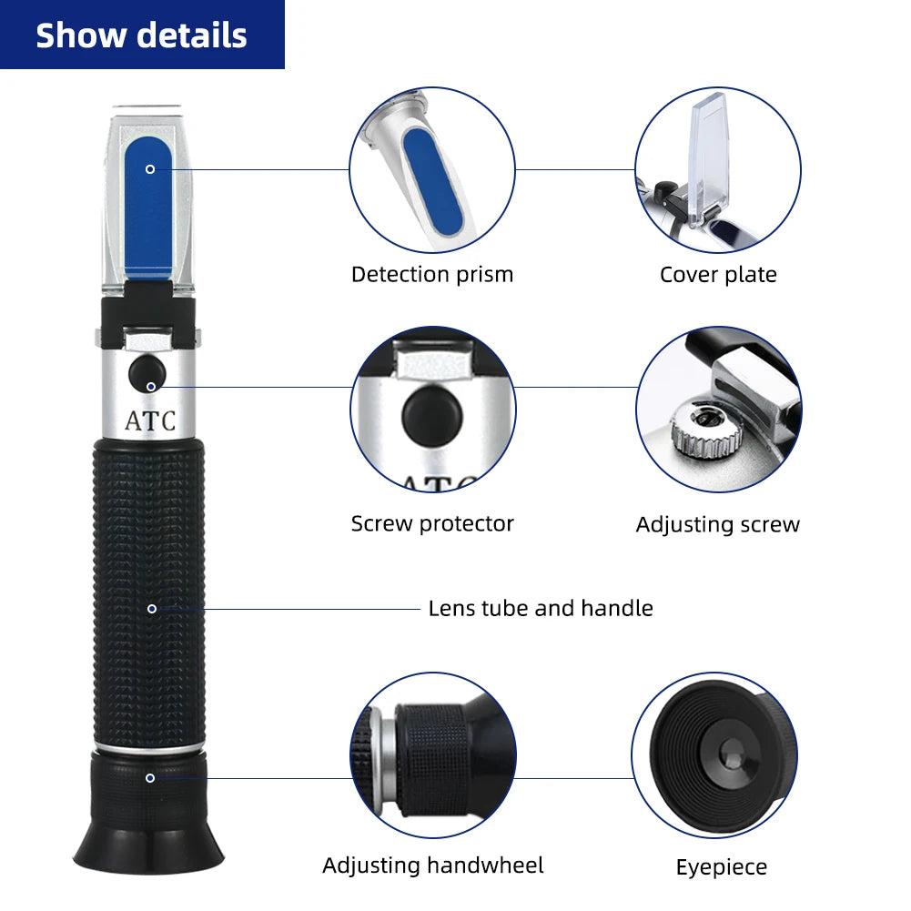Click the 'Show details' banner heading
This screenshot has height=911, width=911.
141,35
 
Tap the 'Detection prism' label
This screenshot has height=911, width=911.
432,274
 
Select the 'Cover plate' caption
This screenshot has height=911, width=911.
718,274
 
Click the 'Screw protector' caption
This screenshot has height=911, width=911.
432,523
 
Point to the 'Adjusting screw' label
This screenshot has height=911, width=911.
717,524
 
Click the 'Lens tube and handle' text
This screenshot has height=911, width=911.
541,607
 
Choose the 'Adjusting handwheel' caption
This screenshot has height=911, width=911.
432,865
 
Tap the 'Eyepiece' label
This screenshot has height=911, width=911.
721,867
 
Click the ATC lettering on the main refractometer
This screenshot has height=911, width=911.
150,422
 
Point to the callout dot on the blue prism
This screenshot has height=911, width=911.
150,168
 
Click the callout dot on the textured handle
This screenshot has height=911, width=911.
151,608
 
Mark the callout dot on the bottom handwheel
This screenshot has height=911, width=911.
150,777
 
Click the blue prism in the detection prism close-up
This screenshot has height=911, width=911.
435,177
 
